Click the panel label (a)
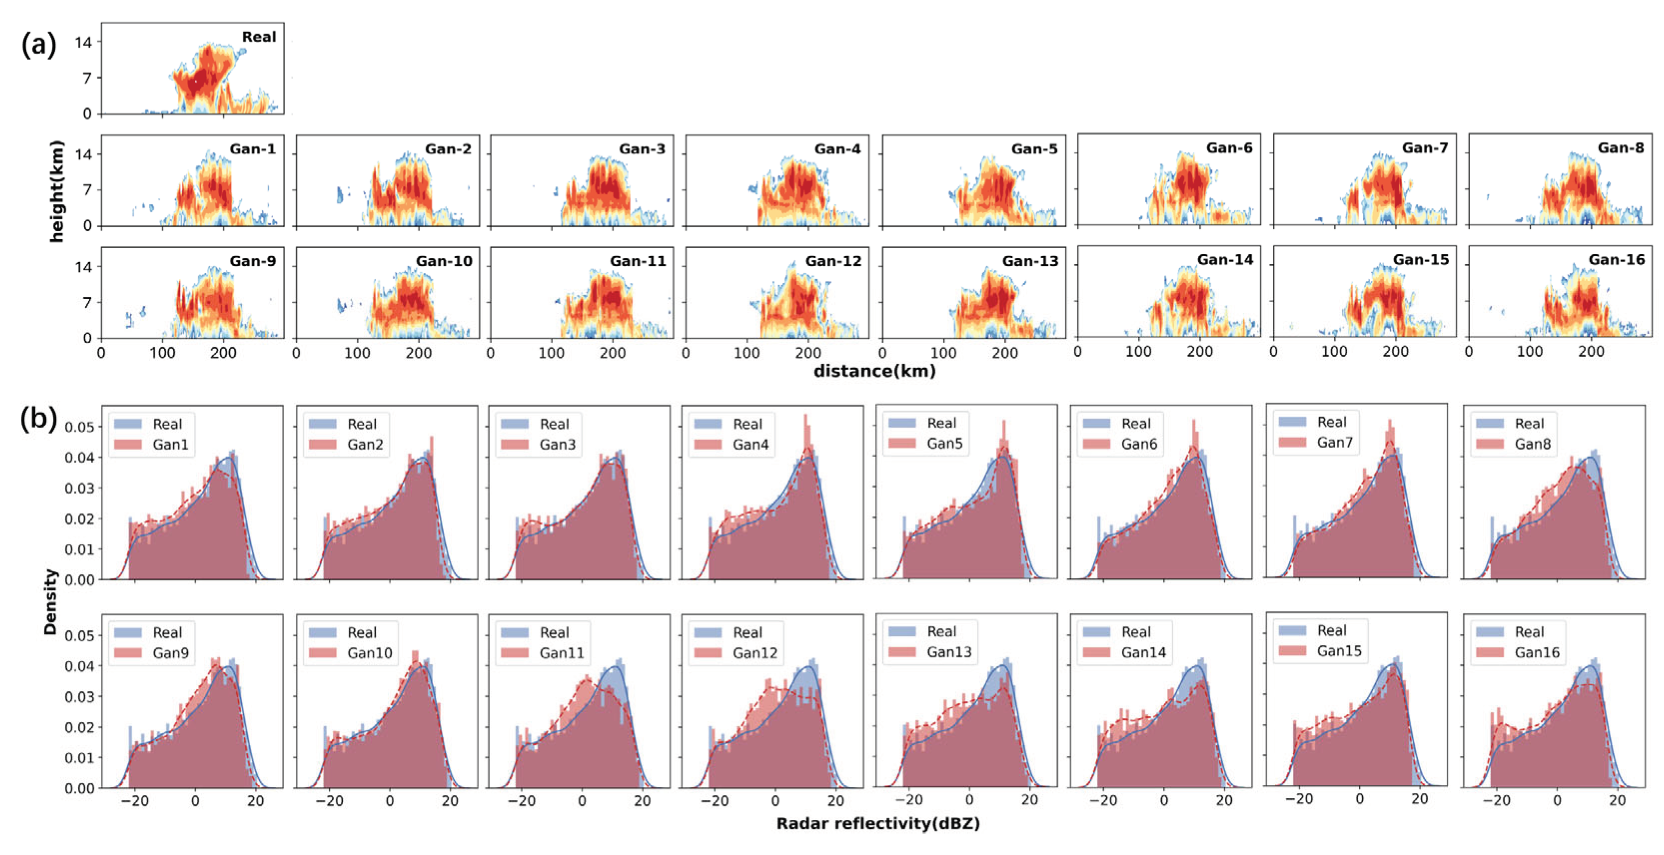coord(39,45)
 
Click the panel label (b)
coord(39,419)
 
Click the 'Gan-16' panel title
coord(1617,260)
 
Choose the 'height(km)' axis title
coord(57,192)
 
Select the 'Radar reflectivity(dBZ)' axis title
coord(878,824)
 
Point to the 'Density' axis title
coord(50,602)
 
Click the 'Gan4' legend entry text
coord(751,444)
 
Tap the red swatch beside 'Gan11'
coord(515,653)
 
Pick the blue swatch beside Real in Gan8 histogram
coord(1490,424)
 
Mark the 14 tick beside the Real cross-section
coord(83,42)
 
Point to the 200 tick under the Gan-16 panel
coord(1591,352)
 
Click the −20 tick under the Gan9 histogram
coord(134,801)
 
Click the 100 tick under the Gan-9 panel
coord(162,353)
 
